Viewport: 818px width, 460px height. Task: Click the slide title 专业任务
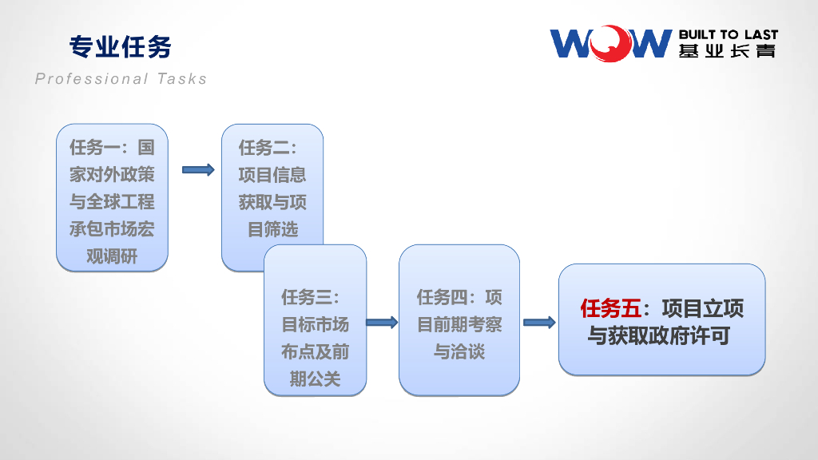121,47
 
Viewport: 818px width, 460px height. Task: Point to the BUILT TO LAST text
728,35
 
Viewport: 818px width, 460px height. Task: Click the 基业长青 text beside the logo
728,51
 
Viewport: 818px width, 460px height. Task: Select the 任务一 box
112,197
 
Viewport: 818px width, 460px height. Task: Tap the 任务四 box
459,319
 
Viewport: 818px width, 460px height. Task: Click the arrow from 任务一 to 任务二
198,169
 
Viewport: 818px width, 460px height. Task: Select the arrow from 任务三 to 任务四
382,322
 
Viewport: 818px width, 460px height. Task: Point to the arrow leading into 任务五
539,322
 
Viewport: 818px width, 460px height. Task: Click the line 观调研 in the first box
112,257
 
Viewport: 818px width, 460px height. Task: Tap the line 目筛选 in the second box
273,230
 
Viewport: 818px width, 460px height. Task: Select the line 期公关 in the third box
315,379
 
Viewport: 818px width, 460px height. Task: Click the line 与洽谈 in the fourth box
459,351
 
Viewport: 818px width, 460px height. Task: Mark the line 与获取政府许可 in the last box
659,336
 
